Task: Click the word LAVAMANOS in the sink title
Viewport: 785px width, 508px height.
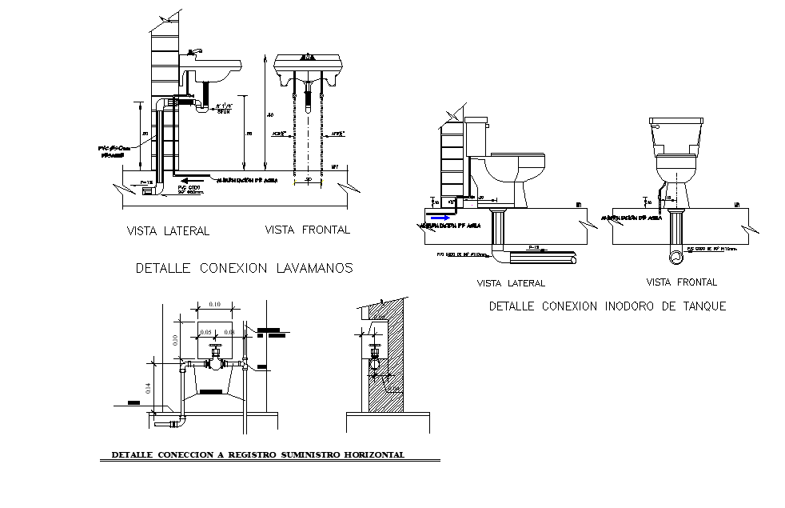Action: (x=313, y=269)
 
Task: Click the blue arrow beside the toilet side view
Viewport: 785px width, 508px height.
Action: (x=438, y=216)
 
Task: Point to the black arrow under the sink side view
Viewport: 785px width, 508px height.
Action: (x=183, y=179)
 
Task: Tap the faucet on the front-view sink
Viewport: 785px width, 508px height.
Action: (x=308, y=57)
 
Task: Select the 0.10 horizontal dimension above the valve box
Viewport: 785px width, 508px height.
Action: (x=214, y=305)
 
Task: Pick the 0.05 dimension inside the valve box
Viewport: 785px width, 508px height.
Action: (x=205, y=332)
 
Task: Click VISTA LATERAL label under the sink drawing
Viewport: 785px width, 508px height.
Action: (x=168, y=231)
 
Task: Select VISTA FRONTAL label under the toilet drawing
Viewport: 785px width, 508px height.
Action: (x=681, y=282)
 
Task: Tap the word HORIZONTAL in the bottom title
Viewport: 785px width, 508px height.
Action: (x=376, y=455)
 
